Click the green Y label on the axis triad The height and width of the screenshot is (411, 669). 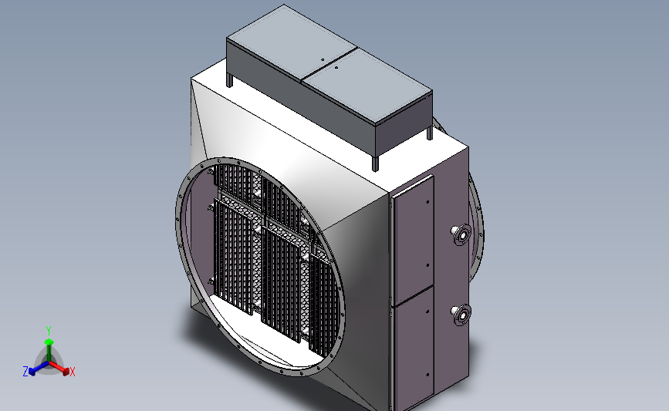[49, 331]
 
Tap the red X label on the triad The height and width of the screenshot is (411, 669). [72, 372]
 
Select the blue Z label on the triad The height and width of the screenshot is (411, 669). [25, 372]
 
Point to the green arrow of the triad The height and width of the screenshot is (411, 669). [49, 350]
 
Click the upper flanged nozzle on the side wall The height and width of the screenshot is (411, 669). [461, 234]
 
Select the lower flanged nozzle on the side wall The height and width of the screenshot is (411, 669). [461, 315]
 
